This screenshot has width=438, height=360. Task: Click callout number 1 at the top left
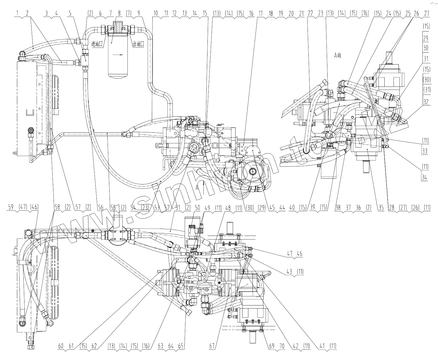[17, 13]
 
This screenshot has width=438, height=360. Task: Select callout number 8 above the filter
[119, 13]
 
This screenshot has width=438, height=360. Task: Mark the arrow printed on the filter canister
[118, 55]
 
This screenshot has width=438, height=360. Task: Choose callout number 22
[310, 13]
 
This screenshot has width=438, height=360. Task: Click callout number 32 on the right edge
[425, 102]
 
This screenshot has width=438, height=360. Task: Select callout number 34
[424, 177]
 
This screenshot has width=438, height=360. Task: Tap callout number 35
[381, 208]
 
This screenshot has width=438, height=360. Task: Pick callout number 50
[198, 208]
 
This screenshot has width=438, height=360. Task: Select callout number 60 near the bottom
[61, 346]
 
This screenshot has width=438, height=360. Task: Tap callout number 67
[212, 346]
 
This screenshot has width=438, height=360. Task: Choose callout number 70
[282, 346]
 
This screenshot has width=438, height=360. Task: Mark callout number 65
[181, 346]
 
